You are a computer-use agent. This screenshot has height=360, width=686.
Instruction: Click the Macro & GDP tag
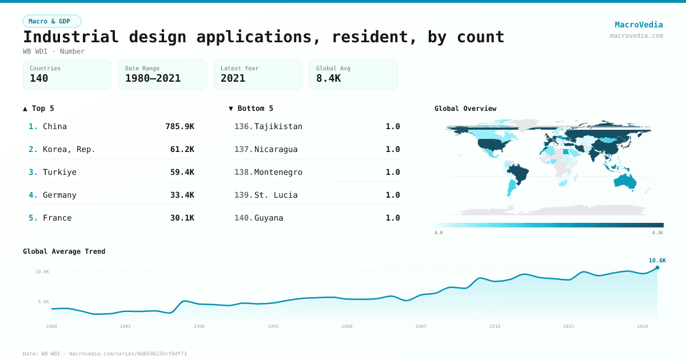coord(52,21)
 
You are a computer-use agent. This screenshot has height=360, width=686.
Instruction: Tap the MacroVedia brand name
coord(639,25)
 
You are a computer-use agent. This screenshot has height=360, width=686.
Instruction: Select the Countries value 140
coord(39,78)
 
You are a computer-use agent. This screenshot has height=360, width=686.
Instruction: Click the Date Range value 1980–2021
coord(153,78)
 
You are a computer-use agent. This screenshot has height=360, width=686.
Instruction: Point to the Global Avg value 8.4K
coord(328,78)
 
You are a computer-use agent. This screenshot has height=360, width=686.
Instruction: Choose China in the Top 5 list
coord(55,126)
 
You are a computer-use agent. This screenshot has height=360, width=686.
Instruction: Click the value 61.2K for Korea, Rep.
coord(182,149)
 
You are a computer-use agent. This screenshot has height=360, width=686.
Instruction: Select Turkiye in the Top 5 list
coord(59,172)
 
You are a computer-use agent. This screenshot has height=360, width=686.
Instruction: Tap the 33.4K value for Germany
coord(182,195)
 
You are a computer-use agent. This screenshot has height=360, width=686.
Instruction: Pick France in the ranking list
coord(57,218)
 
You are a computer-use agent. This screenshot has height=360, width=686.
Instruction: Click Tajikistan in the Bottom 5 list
coord(278,126)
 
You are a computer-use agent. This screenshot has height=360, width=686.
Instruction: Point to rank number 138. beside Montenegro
coord(244,172)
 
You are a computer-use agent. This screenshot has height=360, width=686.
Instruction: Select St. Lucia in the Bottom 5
coord(276,195)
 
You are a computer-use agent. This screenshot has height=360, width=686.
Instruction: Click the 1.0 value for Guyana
coord(393,218)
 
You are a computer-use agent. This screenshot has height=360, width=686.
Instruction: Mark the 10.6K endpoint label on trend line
coord(657,261)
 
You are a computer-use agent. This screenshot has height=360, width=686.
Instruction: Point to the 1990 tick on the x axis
coord(199,326)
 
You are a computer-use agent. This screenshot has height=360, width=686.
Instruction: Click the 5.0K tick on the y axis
coord(43,302)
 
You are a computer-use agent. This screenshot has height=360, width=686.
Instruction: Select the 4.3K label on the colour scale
coord(657,233)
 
